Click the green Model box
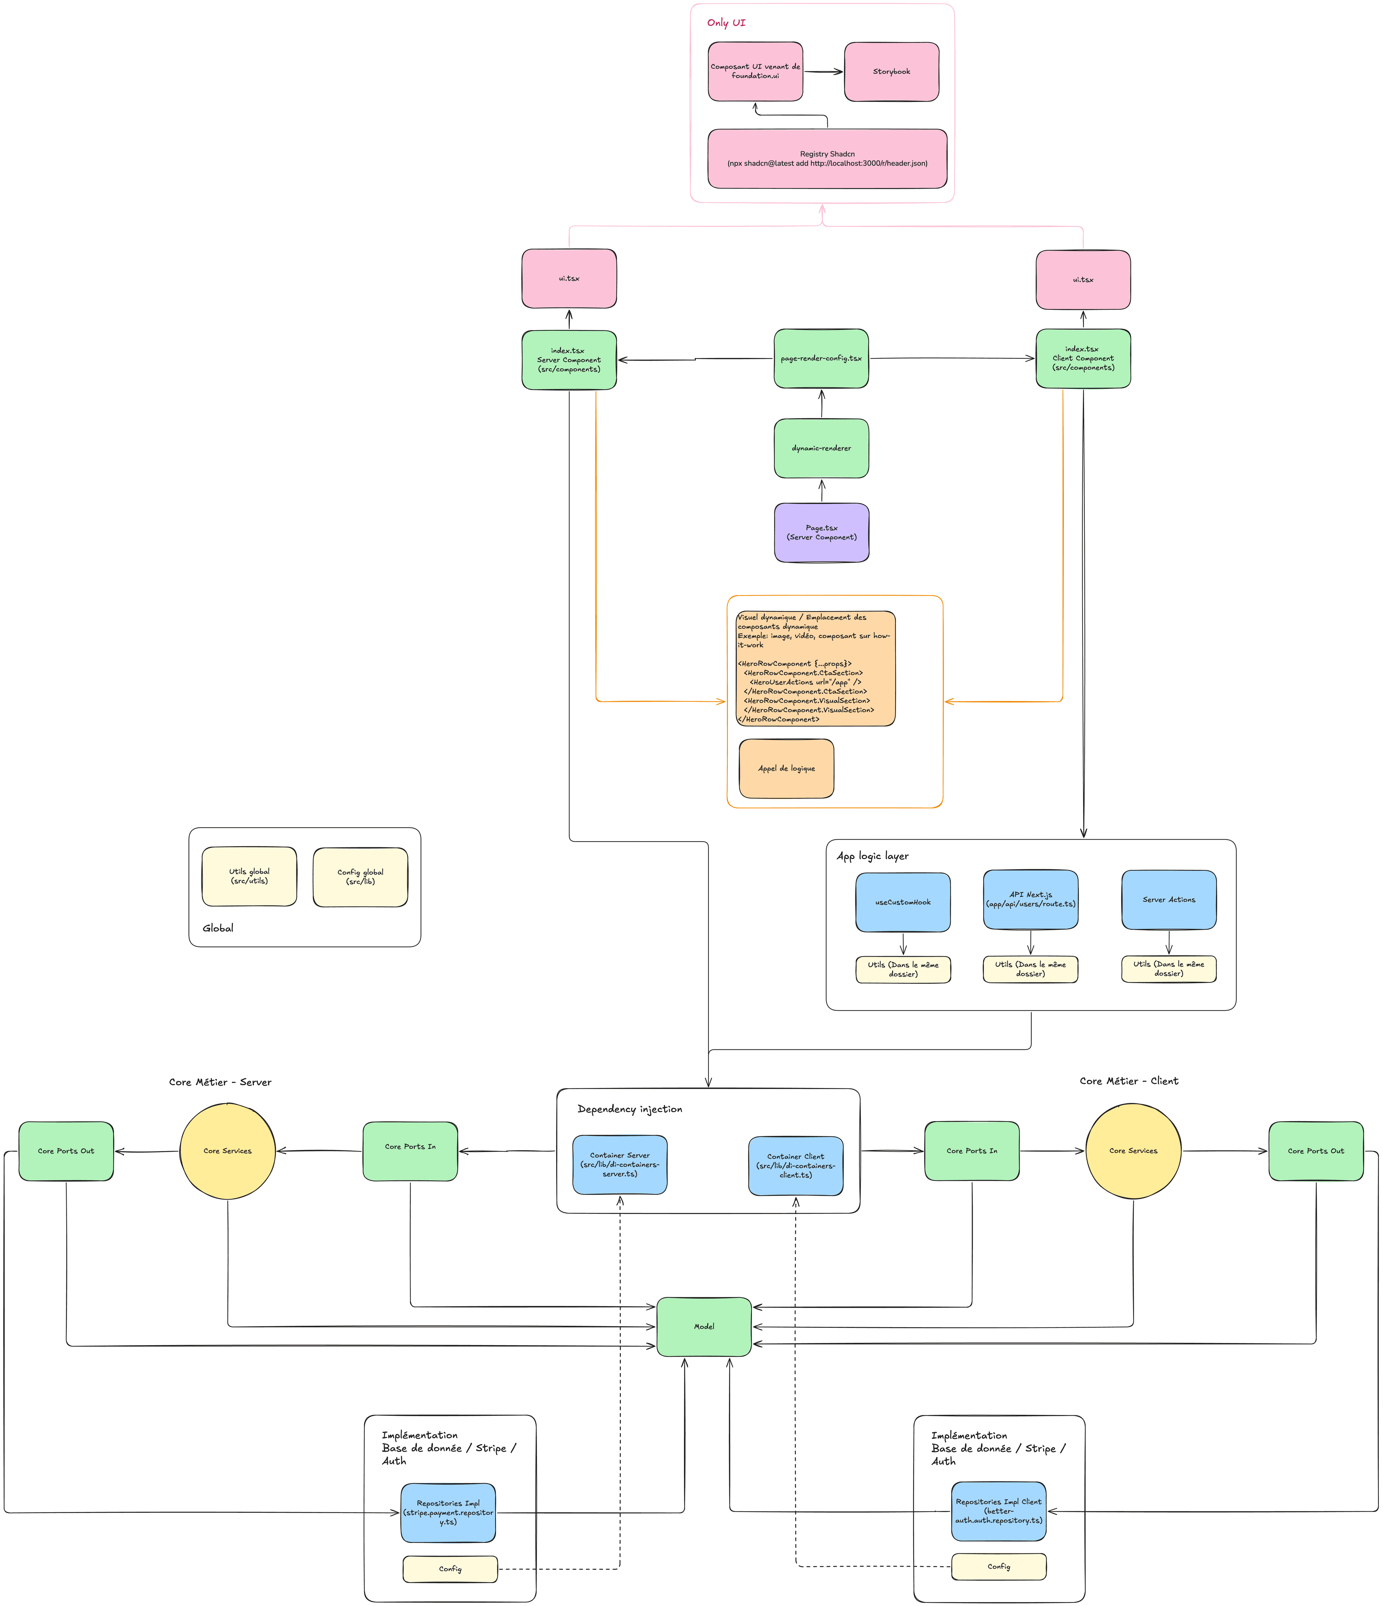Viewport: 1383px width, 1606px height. (703, 1326)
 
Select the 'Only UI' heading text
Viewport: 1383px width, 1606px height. (726, 22)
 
